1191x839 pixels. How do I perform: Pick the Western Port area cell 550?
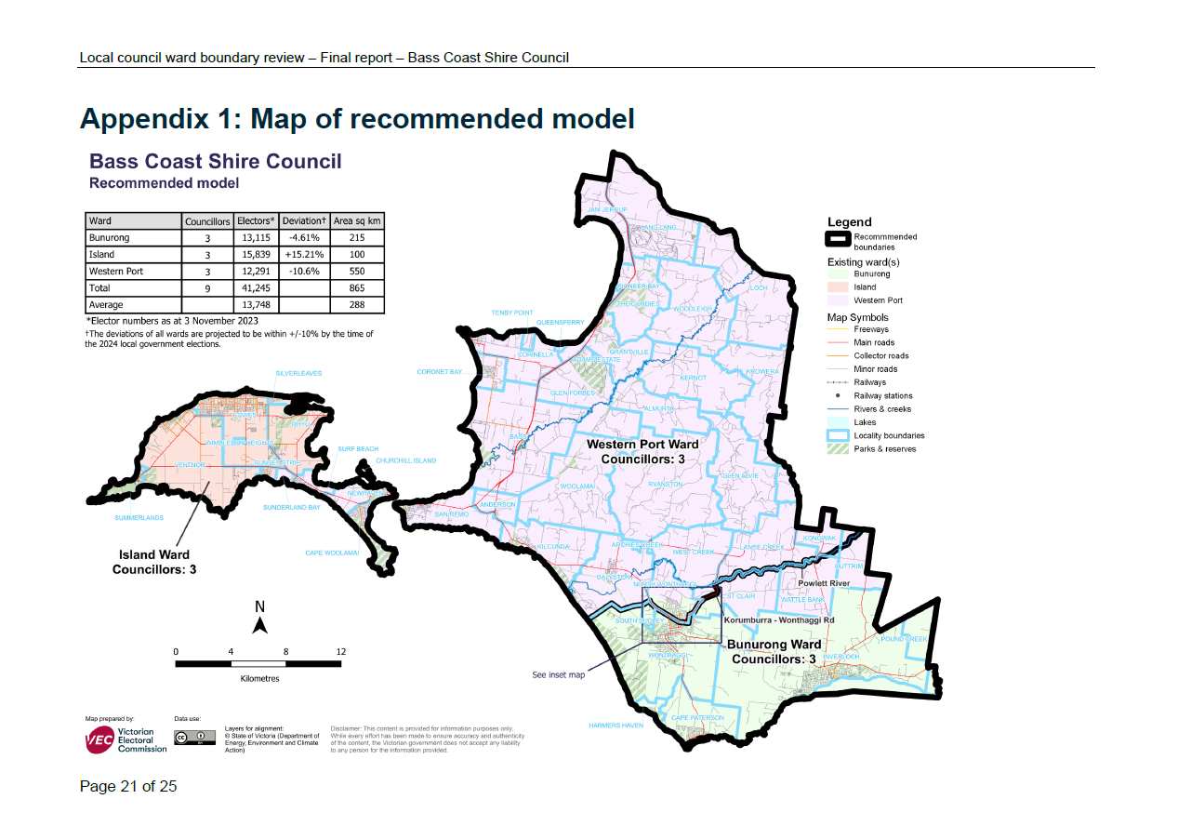point(357,272)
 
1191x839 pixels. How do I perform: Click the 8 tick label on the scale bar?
point(286,651)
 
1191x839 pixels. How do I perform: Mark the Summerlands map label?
point(139,517)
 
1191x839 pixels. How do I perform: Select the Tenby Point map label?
point(513,313)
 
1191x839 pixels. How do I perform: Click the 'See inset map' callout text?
point(558,675)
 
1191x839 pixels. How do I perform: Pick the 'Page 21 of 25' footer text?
point(128,787)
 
